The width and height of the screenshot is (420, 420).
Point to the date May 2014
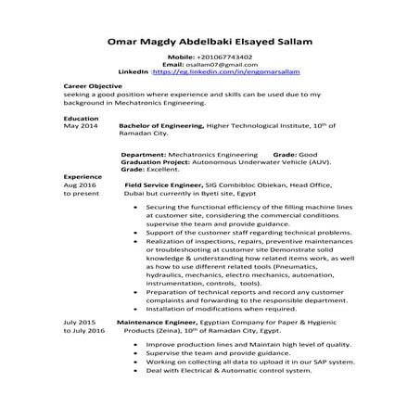click(x=81, y=126)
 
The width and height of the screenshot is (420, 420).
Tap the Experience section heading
click(x=82, y=176)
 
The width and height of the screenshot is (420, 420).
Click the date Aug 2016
click(x=80, y=184)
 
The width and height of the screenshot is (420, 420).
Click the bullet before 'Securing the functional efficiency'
click(x=136, y=209)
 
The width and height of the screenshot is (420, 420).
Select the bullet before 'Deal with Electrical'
click(x=136, y=370)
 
